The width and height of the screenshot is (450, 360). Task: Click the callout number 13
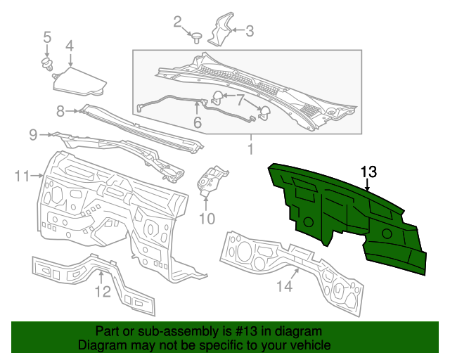tap(368, 172)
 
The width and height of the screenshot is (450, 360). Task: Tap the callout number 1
tap(249, 149)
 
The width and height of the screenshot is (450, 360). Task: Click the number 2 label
tap(177, 22)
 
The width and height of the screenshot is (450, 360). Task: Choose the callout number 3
tap(249, 30)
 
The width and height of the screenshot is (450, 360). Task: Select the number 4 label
tap(70, 46)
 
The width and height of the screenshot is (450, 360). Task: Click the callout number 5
tap(47, 37)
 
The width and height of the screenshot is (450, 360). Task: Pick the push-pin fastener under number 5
tap(49, 65)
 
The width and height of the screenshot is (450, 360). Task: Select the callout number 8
tap(60, 110)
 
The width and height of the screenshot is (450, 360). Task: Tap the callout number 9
tap(33, 134)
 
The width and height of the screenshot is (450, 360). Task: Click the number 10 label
tap(206, 219)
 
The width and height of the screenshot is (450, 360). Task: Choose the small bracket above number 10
tap(212, 179)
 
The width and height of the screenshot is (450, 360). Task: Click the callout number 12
tap(103, 290)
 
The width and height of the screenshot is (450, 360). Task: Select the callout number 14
tap(283, 285)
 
